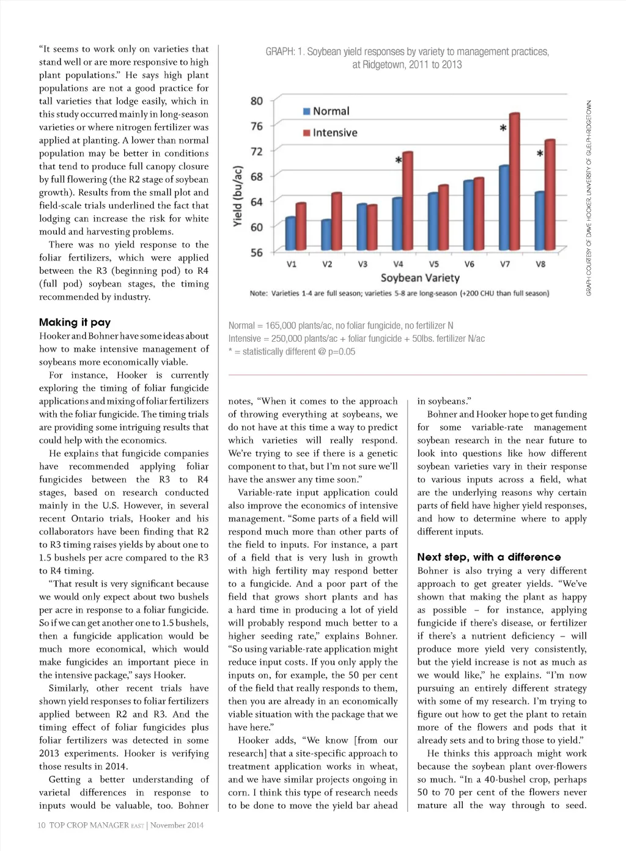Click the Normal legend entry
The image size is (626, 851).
tap(326, 111)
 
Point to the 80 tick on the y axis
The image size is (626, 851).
tap(257, 101)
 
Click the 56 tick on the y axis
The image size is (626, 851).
tap(257, 252)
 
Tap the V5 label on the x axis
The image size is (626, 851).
tap(434, 265)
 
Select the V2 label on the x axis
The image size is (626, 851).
tap(328, 265)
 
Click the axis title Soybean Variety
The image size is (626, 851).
tap(420, 278)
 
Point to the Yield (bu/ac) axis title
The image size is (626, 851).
tap(238, 197)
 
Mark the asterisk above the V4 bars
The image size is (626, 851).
tap(399, 161)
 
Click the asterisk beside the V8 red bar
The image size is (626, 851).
tap(540, 154)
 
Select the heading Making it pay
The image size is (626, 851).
tap(75, 322)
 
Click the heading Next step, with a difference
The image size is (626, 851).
tap(488, 557)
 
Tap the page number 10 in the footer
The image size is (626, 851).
tap(42, 825)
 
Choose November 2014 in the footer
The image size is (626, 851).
tap(177, 825)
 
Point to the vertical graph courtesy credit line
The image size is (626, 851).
tap(589, 198)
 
